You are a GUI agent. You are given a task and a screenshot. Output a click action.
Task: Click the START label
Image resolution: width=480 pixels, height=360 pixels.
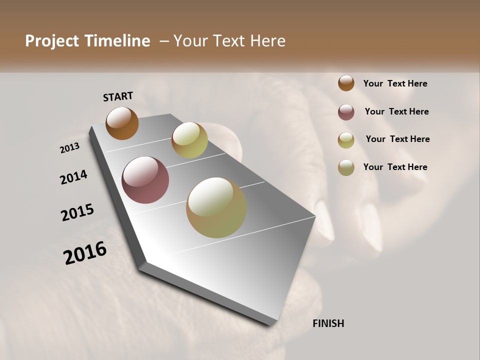pos(118,96)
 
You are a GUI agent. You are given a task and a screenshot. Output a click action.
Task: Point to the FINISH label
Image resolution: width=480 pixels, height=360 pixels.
pos(328,323)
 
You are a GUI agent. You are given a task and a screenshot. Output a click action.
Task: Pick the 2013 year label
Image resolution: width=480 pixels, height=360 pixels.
pos(69,148)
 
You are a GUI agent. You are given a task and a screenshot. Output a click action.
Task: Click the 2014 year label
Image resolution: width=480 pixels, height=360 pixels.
pos(74,177)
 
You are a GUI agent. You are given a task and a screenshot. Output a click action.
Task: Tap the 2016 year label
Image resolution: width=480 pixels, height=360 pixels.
pos(85,253)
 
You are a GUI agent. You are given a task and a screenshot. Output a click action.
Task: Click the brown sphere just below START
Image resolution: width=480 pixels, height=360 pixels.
pos(122,123)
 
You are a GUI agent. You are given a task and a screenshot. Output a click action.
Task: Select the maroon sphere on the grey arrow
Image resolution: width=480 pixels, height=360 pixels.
pos(145,180)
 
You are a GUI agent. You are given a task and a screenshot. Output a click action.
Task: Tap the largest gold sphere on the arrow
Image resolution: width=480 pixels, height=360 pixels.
pos(216,207)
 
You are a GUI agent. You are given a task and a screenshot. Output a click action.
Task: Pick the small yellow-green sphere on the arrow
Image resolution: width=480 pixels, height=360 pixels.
pos(189,140)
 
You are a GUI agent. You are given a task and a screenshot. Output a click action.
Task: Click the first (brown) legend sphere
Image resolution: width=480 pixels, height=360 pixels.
pos(346,83)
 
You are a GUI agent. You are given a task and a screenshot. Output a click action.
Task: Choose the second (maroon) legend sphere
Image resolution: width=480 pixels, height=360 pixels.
pos(346,112)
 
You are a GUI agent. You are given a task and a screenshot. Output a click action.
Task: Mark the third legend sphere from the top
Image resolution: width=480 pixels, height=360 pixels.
pos(346,140)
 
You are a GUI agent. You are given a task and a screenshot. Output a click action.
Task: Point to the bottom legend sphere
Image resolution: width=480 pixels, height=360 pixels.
pos(346,167)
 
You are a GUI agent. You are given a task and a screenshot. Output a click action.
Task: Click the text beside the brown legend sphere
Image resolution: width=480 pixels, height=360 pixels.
pos(395,83)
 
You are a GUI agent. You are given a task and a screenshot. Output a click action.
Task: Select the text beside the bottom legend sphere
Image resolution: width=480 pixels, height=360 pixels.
pos(395,167)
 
